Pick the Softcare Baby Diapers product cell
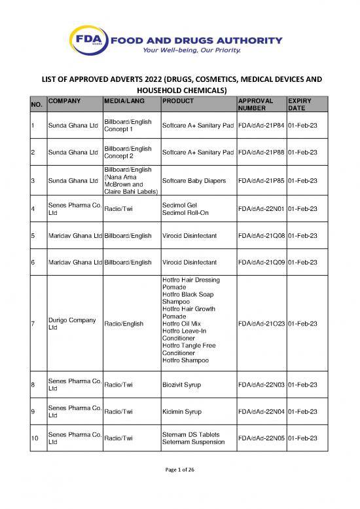pos(190,180)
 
